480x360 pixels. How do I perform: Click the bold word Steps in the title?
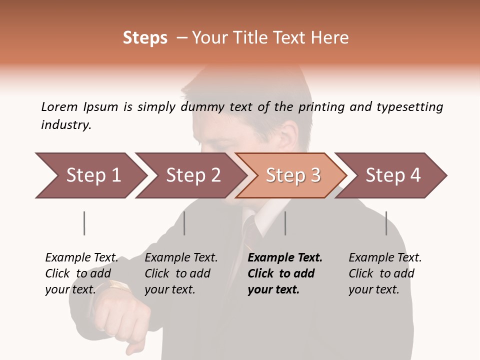click(x=145, y=38)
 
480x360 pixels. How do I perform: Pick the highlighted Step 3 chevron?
click(x=292, y=175)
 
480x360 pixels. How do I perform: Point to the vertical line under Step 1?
click(x=84, y=223)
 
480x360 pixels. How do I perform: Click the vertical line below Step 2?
click(x=184, y=223)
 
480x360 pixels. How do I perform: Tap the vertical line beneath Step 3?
click(x=285, y=223)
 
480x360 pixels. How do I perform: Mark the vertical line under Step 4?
click(x=386, y=223)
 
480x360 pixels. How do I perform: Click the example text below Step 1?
click(x=81, y=273)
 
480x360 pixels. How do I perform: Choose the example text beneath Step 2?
click(x=180, y=273)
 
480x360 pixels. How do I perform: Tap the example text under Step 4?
click(x=384, y=273)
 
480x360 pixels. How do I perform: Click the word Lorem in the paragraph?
click(x=59, y=106)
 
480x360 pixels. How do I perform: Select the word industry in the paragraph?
click(x=65, y=125)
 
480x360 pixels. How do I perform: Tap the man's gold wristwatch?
click(x=118, y=286)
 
